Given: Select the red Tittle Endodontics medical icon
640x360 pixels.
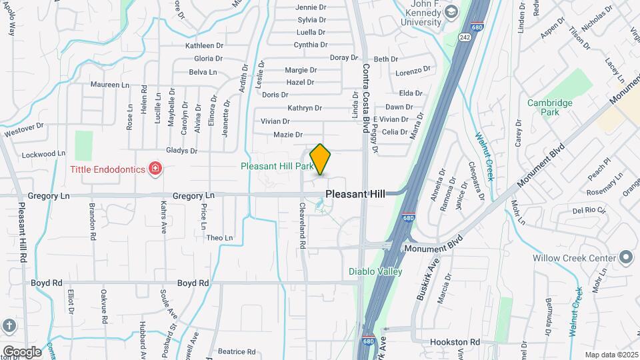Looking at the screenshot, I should (x=155, y=169).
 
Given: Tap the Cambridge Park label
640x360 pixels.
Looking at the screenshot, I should (x=549, y=108).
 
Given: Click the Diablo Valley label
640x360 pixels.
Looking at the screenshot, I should (x=375, y=271).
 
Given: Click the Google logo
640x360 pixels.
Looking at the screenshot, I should (x=22, y=351).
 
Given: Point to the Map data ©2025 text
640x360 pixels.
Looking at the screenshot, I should (x=611, y=355).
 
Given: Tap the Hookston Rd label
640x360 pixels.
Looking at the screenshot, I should (x=455, y=342).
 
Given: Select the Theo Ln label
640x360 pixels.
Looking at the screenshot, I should (x=220, y=238).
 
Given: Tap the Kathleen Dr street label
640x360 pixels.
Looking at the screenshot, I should (x=204, y=46).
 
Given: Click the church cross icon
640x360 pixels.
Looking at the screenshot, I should (x=8, y=326).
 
